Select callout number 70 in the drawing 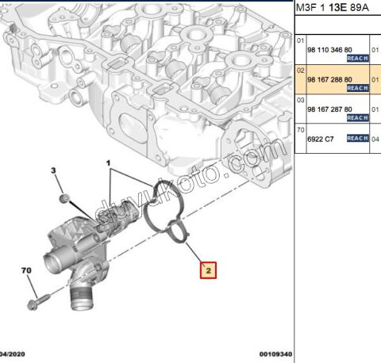26,271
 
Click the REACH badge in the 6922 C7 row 358,138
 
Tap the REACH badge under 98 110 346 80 358,59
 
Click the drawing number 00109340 275,354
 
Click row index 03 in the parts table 301,99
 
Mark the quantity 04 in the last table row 376,138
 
